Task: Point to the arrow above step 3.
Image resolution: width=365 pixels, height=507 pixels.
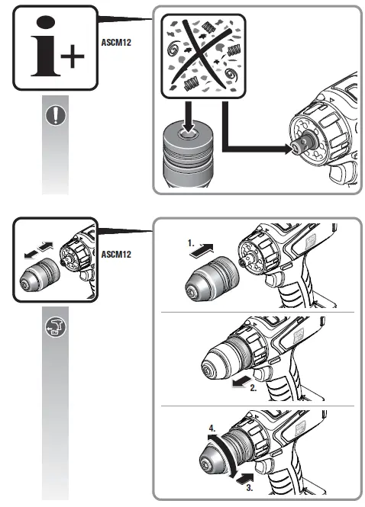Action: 246,474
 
